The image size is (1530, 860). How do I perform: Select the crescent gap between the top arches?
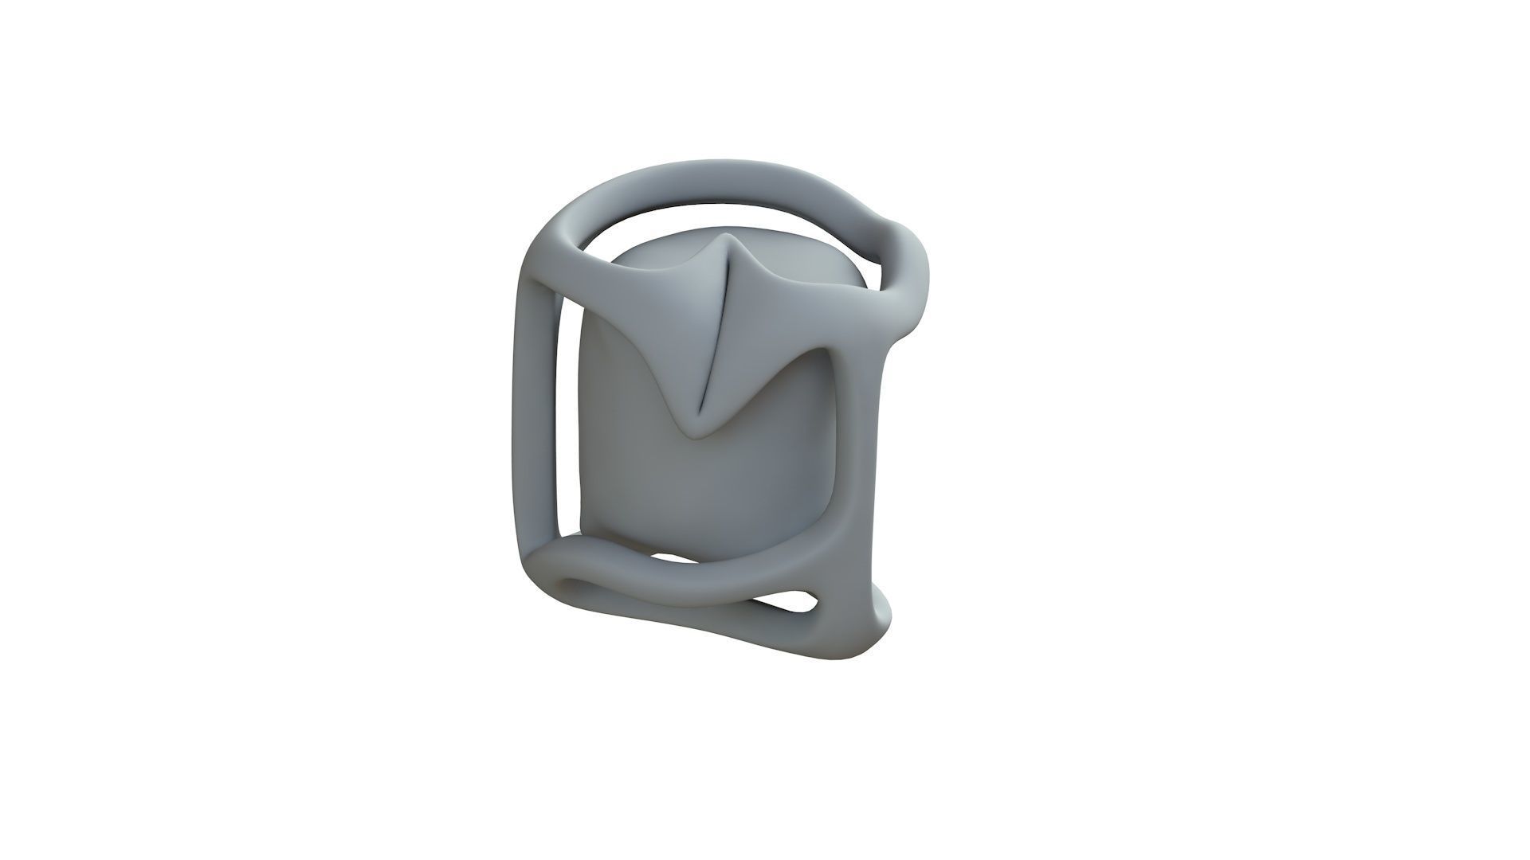click(717, 213)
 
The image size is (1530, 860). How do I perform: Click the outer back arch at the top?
click(717, 177)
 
